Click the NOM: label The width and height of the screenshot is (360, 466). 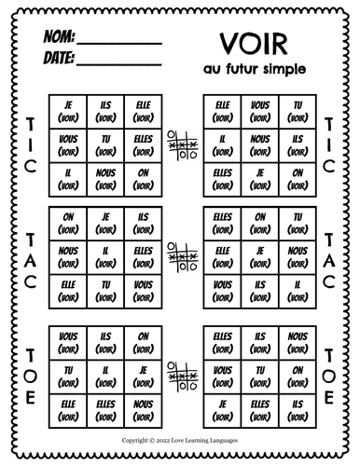tap(57, 40)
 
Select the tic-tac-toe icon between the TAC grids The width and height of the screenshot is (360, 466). tap(180, 251)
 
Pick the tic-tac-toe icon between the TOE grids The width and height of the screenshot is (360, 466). tap(180, 375)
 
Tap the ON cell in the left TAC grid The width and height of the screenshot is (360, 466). tap(66, 222)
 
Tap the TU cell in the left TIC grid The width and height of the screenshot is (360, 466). tap(104, 143)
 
